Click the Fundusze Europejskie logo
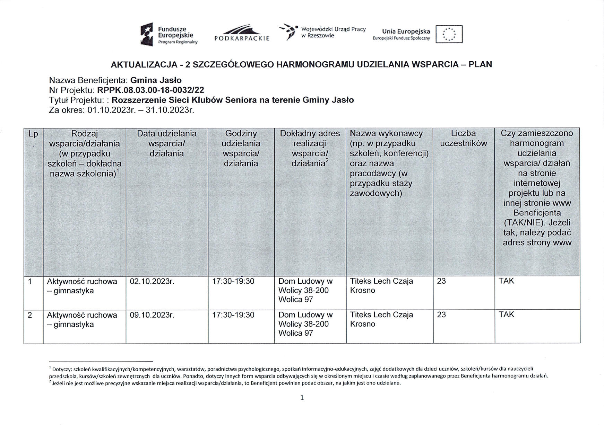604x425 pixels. (169, 35)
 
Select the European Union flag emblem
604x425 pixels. (449, 34)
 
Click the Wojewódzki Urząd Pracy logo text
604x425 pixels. (333, 32)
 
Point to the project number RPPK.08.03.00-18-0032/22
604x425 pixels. (150, 90)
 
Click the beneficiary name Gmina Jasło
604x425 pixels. (156, 80)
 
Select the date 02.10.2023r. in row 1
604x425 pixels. (152, 281)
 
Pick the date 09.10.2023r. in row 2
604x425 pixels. (152, 315)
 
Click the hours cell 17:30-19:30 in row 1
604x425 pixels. (233, 281)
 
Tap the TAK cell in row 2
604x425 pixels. (506, 315)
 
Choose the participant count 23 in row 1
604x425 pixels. (441, 281)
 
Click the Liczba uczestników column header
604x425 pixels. (464, 138)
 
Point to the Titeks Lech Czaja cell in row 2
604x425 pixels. (381, 319)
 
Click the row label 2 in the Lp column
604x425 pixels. (30, 315)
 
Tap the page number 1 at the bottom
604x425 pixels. (302, 398)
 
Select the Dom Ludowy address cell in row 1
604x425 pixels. (305, 290)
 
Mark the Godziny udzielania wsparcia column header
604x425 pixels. (241, 148)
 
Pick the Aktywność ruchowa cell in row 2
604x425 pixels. (82, 319)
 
